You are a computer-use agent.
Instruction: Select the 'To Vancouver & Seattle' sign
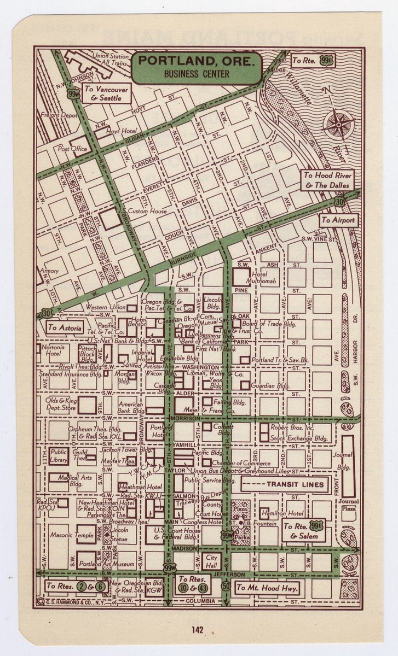coord(106,93)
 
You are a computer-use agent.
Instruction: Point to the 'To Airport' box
coord(338,220)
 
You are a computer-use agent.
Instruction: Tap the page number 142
coord(198,630)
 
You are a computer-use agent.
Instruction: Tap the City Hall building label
coord(211,560)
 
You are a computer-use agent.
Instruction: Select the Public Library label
coord(59,455)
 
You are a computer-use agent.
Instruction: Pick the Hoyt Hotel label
coord(120,132)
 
